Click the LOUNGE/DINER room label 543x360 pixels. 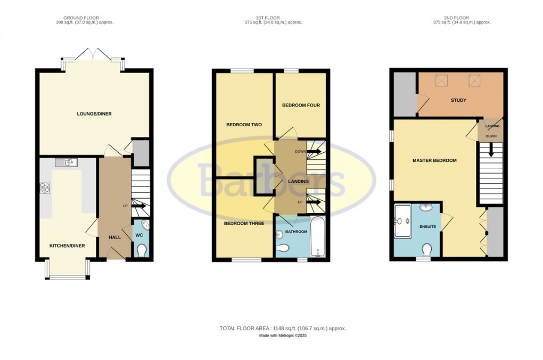click(94, 113)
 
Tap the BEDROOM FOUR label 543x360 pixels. click(301, 105)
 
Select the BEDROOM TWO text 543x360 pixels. click(240, 125)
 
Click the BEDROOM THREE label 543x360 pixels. click(244, 224)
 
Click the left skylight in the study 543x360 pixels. click(442, 81)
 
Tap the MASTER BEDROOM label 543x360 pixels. click(434, 160)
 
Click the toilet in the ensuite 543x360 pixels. click(427, 249)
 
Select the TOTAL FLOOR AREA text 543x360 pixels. click(283, 329)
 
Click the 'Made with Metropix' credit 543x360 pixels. click(283, 336)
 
